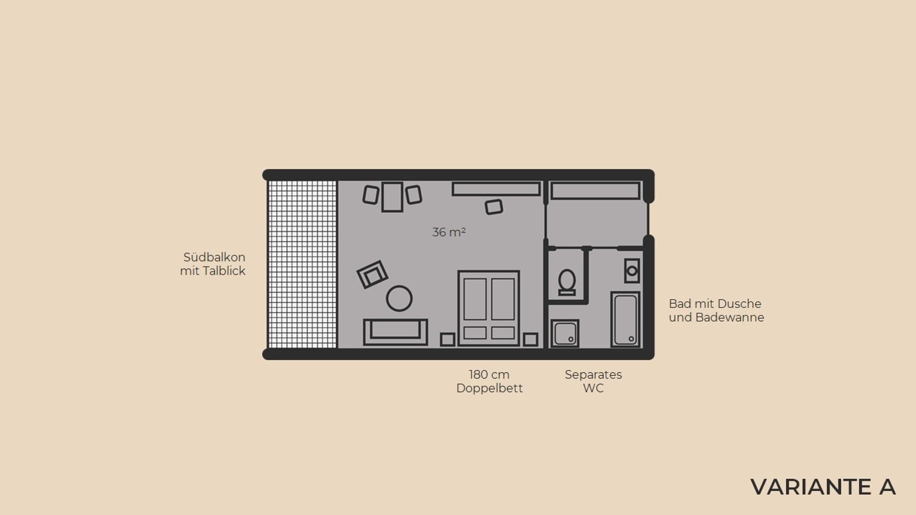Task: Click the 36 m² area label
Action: (449, 232)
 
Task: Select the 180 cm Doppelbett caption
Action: (489, 381)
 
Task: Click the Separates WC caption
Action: (593, 381)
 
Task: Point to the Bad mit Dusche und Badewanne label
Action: (716, 311)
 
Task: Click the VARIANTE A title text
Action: (823, 487)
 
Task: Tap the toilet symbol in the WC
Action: (567, 282)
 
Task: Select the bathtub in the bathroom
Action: (625, 319)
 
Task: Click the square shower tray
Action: (564, 334)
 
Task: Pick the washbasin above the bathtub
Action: (632, 271)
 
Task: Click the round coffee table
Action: (399, 298)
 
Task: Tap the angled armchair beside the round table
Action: (372, 274)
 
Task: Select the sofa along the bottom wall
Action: (396, 332)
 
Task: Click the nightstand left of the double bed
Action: (448, 339)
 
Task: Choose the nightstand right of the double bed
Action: (530, 339)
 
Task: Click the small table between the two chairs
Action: (392, 197)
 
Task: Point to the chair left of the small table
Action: (371, 195)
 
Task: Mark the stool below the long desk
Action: (494, 207)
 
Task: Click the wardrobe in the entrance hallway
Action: (595, 191)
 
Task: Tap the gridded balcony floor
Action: (302, 264)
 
